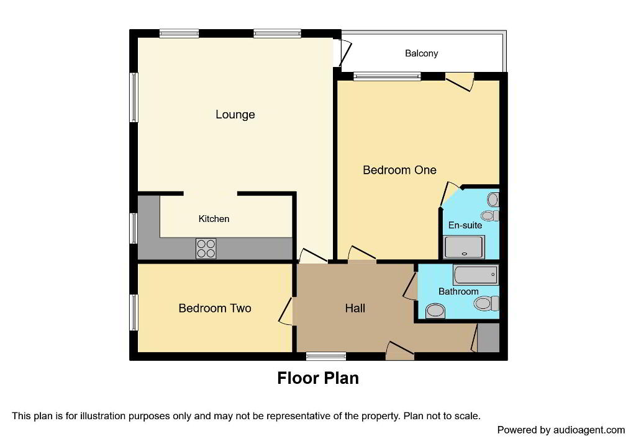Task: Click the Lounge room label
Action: [235, 115]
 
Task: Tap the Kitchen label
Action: [214, 219]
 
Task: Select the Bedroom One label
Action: [399, 170]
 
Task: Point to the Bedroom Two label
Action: [215, 308]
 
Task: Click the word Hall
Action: [355, 308]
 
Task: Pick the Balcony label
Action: [422, 53]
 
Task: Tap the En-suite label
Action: [465, 225]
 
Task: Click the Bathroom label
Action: [458, 291]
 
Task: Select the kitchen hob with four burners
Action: [206, 248]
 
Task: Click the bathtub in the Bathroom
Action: [476, 275]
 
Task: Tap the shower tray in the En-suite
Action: [464, 247]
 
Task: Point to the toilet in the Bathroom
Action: [487, 303]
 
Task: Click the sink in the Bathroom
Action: [435, 311]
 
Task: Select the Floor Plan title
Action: [318, 378]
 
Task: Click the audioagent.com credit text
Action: [561, 430]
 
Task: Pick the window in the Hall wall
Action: [326, 357]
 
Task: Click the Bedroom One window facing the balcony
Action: [386, 76]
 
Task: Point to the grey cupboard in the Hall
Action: [488, 338]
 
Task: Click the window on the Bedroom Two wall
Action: [134, 313]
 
